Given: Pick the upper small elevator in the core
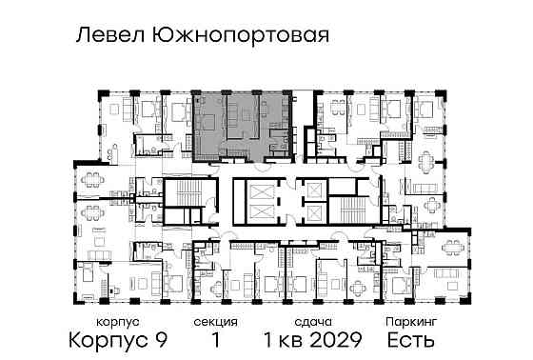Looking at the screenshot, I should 311,189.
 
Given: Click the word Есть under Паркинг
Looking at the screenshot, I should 412,340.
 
